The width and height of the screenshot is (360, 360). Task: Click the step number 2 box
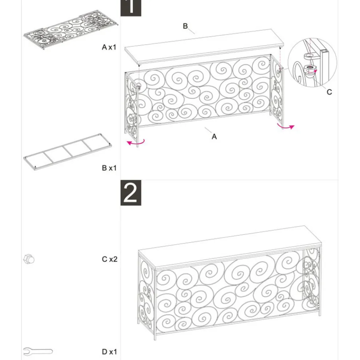pyautogui.click(x=131, y=193)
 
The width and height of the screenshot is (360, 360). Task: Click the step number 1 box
pyautogui.click(x=131, y=8)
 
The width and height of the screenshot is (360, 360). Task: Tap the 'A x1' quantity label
pyautogui.click(x=109, y=47)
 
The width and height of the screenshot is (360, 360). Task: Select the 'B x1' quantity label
pyautogui.click(x=109, y=168)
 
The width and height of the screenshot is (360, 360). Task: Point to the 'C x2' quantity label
pyautogui.click(x=109, y=259)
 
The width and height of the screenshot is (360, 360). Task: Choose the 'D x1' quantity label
pyautogui.click(x=109, y=352)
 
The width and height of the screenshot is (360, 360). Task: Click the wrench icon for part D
pyautogui.click(x=38, y=352)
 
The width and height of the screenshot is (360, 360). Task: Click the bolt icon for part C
pyautogui.click(x=29, y=260)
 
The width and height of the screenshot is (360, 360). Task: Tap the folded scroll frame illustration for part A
pyautogui.click(x=71, y=29)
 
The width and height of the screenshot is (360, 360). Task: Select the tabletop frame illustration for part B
pyautogui.click(x=68, y=152)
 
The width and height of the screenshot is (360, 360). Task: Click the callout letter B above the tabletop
pyautogui.click(x=185, y=26)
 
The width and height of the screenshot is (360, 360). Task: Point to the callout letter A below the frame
pyautogui.click(x=214, y=137)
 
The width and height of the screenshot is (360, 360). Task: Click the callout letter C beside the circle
pyautogui.click(x=329, y=92)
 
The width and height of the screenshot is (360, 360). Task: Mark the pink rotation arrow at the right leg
pyautogui.click(x=285, y=127)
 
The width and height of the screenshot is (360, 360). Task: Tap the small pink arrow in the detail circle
pyautogui.click(x=316, y=71)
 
